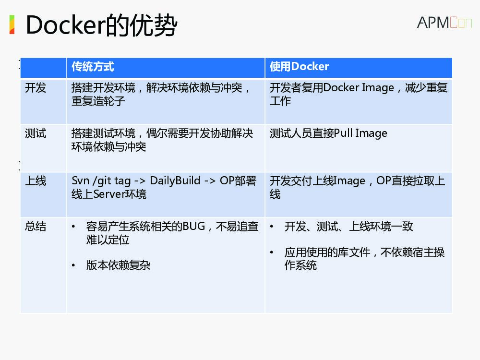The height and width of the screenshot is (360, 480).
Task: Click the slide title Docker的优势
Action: point(101,25)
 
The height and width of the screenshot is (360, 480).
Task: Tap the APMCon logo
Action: point(444,23)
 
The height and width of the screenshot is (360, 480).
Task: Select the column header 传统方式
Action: point(93,67)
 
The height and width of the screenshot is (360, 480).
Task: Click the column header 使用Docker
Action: point(299,67)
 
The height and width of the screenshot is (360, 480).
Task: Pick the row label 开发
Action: point(36,88)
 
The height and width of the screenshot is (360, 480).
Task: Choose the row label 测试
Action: point(36,133)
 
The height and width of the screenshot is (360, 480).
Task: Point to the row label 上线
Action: point(36,180)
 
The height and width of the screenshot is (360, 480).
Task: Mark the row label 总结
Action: point(36,227)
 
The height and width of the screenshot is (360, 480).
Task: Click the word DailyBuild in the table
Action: point(175,180)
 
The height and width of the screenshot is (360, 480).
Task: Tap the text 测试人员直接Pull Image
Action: point(328,133)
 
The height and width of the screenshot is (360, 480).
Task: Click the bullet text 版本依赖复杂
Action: point(118,265)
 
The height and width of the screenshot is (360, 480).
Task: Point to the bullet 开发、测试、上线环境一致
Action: point(348,227)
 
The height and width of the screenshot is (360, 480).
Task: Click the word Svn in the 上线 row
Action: point(80,180)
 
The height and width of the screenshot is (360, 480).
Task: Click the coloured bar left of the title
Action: point(12,24)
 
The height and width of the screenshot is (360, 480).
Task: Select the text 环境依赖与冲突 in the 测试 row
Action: point(108,147)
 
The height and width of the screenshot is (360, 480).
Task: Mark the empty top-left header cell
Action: point(43,67)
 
